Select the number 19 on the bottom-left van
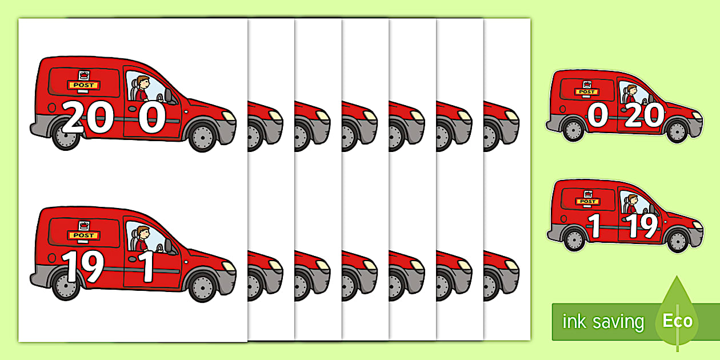coord(82,267)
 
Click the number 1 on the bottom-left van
coord(148,267)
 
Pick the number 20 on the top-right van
coord(644,116)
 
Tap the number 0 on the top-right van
coord(597,116)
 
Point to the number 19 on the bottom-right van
coord(645,226)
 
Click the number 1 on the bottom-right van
coord(595,226)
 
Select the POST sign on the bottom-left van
coord(84,235)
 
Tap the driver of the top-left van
coord(141,89)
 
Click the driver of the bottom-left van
coord(141,239)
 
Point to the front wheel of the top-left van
coord(202,136)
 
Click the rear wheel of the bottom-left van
coord(66,285)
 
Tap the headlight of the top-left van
coord(229,116)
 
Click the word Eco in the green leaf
coord(677,321)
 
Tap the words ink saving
coord(602,322)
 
